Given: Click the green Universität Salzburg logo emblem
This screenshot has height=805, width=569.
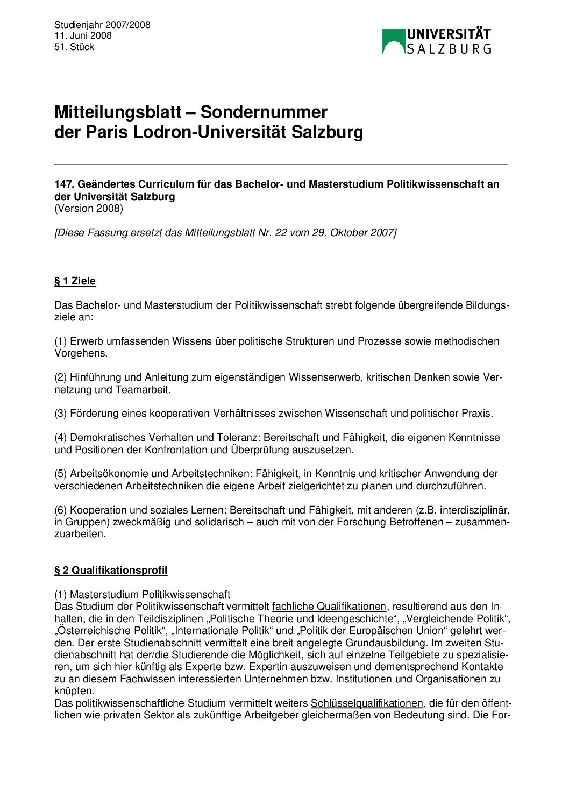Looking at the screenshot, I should pos(393,41).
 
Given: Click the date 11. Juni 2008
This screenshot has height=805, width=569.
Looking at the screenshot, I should pos(83,35).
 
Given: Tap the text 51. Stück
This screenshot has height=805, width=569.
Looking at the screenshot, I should pos(74,47).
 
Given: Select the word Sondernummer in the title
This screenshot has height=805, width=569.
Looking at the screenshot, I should pos(264,112).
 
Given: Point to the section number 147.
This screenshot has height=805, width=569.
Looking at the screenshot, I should pos(63,184).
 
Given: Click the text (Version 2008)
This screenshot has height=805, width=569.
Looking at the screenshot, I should pos(89,209).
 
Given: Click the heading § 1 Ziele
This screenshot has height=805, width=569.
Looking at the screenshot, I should pos(75,281).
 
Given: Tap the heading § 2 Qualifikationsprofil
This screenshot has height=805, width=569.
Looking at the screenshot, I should pos(111,570).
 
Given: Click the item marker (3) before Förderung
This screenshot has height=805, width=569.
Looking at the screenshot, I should pos(60,413).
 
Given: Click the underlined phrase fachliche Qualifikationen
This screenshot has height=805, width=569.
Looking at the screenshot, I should pos(329,607).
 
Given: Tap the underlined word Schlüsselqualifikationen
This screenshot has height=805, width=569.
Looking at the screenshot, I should pos(367,703).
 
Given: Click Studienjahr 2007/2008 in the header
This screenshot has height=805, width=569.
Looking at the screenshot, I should pos(102,25).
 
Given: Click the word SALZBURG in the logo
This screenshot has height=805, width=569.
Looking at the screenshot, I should pos(449,49).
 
